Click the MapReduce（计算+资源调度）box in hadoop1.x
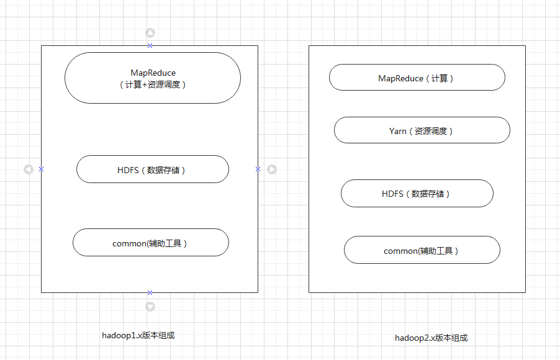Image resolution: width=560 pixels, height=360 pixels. click(153, 78)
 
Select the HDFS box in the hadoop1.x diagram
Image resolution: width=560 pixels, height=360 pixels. click(153, 169)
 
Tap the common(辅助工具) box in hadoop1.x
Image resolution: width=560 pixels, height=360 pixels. click(151, 243)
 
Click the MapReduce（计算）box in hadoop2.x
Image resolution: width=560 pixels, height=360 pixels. click(417, 78)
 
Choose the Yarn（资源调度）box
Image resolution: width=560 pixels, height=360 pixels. click(422, 130)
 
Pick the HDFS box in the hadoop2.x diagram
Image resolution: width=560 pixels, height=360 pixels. click(417, 194)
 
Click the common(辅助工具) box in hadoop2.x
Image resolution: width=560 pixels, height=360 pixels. click(422, 250)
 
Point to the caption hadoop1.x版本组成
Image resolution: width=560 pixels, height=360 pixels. click(138, 335)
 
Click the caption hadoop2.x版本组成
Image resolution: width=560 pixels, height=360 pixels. click(431, 338)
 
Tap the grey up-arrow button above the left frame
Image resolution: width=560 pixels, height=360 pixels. click(150, 33)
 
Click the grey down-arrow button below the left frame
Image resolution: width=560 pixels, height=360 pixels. click(150, 306)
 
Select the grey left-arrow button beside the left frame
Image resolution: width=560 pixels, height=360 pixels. click(28, 169)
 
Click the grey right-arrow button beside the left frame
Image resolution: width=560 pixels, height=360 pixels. click(271, 169)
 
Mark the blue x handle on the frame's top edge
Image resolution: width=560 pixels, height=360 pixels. click(150, 45)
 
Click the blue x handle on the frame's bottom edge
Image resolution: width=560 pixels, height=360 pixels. click(150, 292)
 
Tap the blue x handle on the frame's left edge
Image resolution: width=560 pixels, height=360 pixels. click(41, 169)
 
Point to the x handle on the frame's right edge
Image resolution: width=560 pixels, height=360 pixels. click(258, 169)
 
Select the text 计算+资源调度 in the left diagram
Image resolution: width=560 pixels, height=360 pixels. click(152, 84)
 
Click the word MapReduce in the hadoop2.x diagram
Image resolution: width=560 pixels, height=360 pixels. click(401, 78)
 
